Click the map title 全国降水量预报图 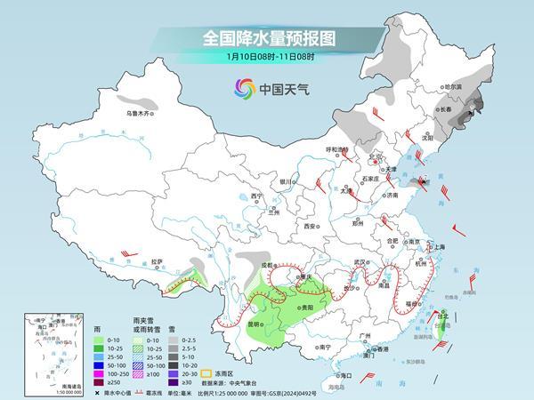268,38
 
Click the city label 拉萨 157,261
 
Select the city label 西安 311,226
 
